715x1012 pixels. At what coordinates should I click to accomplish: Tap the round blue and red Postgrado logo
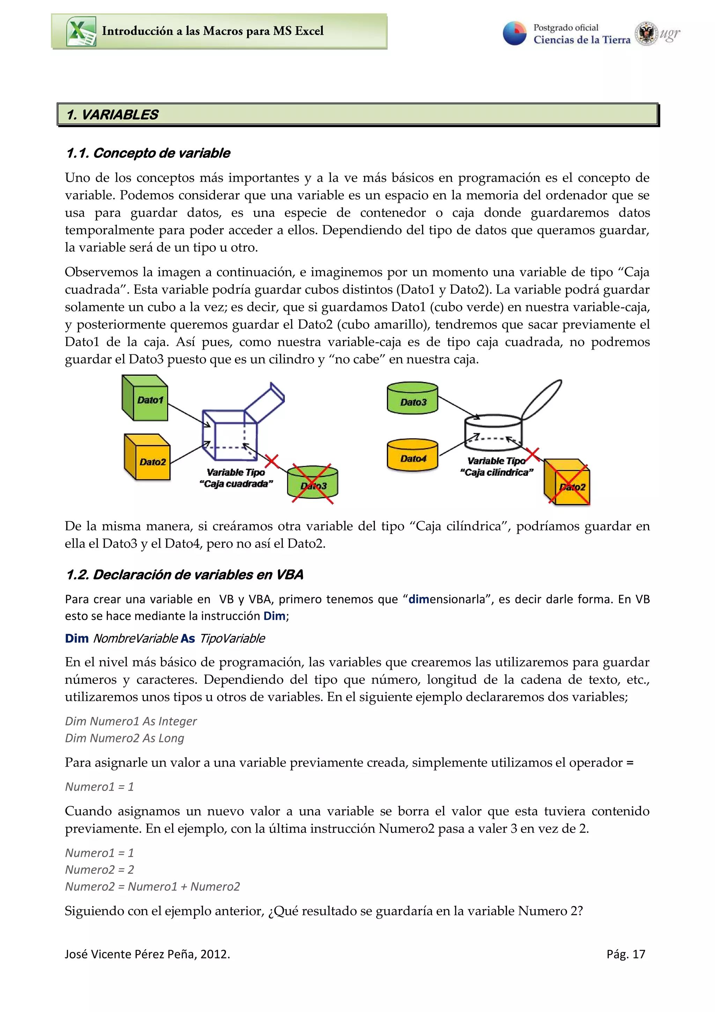(x=515, y=33)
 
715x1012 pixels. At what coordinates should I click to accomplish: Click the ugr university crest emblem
(x=646, y=34)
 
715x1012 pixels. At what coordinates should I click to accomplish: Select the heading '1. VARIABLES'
(x=112, y=115)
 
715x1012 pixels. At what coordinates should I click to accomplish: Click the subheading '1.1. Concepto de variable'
(x=148, y=153)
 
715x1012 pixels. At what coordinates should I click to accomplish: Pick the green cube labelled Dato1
(x=145, y=398)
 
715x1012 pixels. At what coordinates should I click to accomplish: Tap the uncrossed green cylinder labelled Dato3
(x=412, y=398)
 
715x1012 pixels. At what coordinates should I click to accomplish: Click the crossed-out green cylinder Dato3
(x=313, y=483)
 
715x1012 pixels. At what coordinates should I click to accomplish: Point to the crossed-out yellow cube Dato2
(x=568, y=483)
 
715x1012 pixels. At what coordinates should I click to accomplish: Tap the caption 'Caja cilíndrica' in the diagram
(x=496, y=472)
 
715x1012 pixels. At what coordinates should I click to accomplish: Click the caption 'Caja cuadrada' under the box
(x=236, y=484)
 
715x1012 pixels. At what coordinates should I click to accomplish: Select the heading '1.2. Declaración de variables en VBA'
(x=185, y=575)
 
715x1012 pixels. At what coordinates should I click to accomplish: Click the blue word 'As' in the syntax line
(x=188, y=638)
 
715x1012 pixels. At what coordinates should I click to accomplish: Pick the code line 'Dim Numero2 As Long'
(x=125, y=738)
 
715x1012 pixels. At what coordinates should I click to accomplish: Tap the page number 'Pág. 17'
(x=626, y=954)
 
